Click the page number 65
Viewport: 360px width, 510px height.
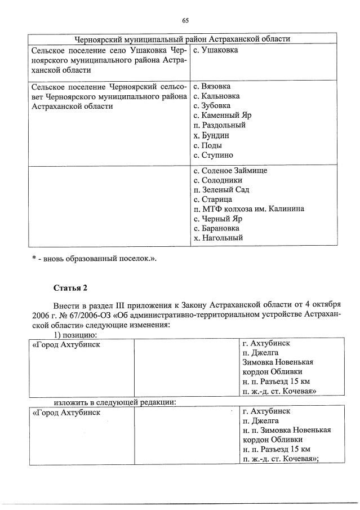point(185,21)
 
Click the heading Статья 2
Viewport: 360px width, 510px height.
point(71,289)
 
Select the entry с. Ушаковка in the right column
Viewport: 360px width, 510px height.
point(215,50)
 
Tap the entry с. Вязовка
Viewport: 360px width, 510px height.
point(212,86)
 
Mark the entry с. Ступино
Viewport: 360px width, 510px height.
point(213,155)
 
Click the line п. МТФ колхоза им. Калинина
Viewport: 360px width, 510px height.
point(248,209)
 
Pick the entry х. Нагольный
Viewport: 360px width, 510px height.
point(218,238)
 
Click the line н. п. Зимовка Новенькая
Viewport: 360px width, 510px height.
point(286,429)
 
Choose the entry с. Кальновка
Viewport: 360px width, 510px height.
point(216,96)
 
